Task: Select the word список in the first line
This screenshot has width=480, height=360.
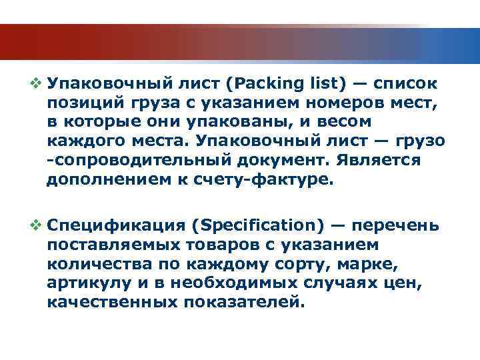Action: click(x=405, y=85)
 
